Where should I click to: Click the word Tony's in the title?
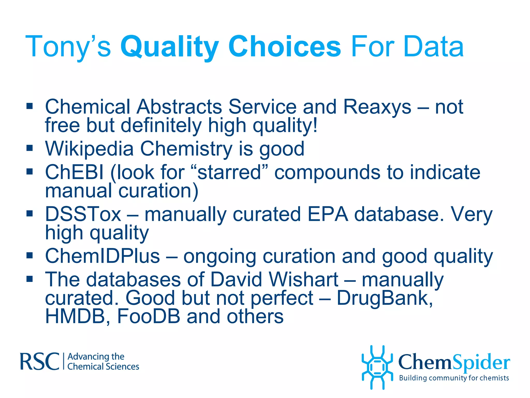pos(68,47)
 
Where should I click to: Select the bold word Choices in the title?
pos(284,47)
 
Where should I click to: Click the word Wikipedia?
pos(89,149)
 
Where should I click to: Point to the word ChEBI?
pos(74,172)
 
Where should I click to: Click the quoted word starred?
pos(229,172)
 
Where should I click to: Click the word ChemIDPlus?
pos(102,256)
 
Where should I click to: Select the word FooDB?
pos(149,316)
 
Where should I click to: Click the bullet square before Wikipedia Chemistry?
pos(30,148)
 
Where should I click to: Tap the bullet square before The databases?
pos(30,279)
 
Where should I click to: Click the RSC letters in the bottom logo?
pos(40,361)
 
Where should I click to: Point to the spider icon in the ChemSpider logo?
pos(377,367)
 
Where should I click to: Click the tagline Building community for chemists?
pos(454,378)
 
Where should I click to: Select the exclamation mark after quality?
pos(315,125)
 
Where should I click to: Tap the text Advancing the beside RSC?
pos(96,357)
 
